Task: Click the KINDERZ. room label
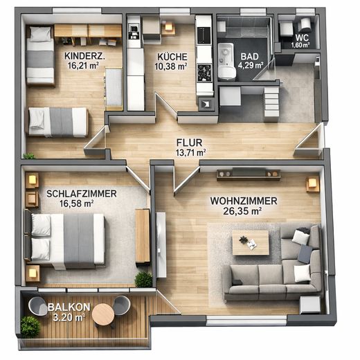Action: coord(84,56)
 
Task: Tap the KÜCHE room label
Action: coord(172,57)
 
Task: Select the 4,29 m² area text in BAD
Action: coord(251,66)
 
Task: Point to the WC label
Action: coord(302,37)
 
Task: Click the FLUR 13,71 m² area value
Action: coord(191,152)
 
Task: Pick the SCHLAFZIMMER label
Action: coord(82,194)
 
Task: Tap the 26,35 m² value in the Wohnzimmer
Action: coord(242,211)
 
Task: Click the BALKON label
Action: coord(69,307)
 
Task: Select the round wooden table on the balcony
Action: coord(103,314)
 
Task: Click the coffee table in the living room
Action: coord(251,243)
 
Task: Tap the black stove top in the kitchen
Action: coord(204,73)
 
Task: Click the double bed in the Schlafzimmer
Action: coord(65,241)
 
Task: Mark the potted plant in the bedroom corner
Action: coord(143,280)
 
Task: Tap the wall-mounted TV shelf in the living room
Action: coord(249,174)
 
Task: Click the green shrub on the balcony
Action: coord(30,327)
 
